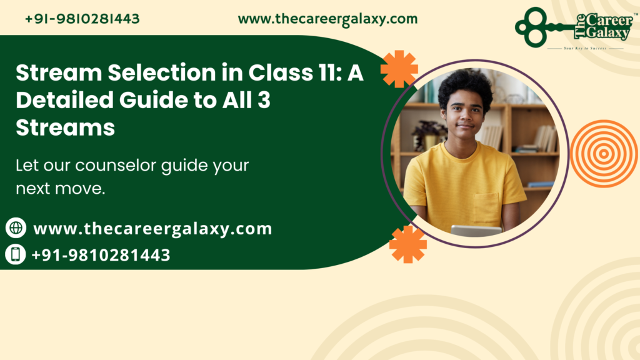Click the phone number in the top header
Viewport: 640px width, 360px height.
(x=82, y=19)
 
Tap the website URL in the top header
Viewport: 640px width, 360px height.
(x=327, y=19)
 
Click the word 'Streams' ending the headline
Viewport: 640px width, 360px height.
(x=66, y=127)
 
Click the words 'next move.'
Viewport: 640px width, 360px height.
(x=60, y=188)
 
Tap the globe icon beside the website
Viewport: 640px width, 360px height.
(x=16, y=228)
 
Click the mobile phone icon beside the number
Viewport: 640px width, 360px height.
(x=16, y=254)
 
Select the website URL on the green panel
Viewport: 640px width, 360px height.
(x=152, y=229)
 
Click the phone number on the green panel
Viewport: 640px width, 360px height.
(x=101, y=255)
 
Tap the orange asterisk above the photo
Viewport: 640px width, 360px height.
(x=399, y=69)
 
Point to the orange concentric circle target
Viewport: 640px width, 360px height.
(x=603, y=154)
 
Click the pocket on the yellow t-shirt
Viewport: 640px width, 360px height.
(x=486, y=207)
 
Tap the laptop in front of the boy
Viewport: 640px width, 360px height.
(x=476, y=230)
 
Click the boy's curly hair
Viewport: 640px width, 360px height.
(x=465, y=84)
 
